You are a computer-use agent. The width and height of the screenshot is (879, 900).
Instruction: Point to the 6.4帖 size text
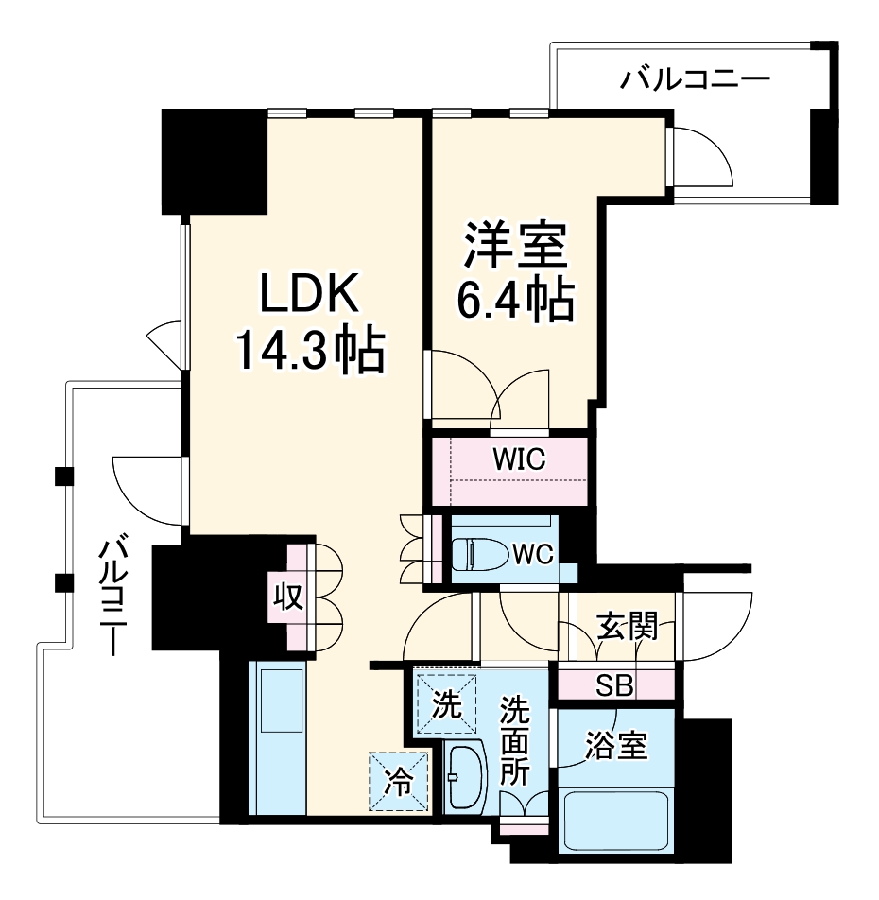515,300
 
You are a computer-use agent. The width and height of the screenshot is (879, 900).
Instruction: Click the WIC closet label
519,459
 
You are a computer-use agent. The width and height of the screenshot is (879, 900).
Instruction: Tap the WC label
533,552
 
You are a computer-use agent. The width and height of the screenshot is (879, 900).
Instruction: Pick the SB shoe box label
614,685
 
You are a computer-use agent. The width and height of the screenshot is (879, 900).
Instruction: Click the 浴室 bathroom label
615,746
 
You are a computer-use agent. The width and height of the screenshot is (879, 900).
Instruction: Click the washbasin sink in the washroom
464,778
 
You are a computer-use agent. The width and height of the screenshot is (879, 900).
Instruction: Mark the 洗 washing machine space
445,704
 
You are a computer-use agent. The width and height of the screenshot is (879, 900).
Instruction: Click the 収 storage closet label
287,597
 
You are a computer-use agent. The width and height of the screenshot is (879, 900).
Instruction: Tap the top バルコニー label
696,78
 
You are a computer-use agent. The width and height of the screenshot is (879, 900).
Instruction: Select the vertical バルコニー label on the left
113,596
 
